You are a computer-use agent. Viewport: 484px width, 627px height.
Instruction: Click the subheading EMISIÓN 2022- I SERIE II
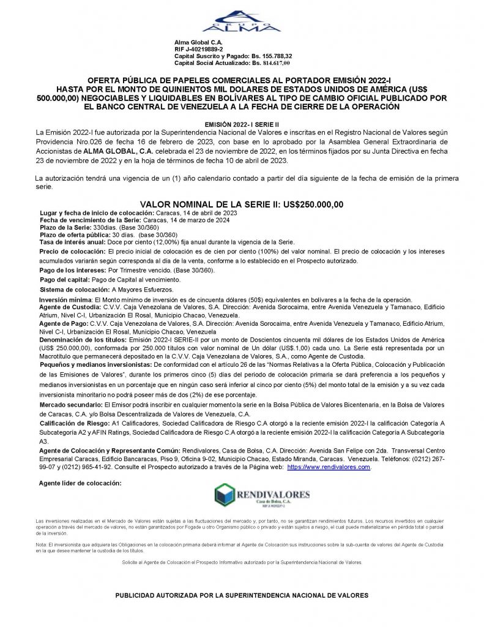[x=242, y=124]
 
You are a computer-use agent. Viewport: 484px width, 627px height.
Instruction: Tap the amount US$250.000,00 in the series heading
[x=307, y=205]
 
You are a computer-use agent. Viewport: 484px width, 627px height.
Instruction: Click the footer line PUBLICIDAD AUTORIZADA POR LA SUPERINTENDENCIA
[x=242, y=595]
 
